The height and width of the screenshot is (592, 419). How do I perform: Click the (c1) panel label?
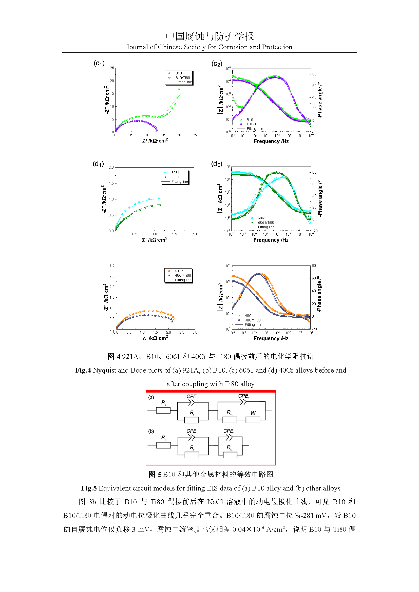tap(99, 63)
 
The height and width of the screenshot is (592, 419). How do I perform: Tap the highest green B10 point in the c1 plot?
tap(179, 89)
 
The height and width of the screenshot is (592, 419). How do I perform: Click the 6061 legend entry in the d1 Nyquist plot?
tap(175, 173)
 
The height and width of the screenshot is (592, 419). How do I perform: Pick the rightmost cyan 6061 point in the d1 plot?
tap(159, 198)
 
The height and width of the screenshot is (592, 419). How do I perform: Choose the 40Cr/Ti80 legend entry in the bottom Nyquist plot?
tap(183, 275)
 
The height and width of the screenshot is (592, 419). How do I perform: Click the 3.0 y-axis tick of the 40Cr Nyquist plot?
tap(112, 266)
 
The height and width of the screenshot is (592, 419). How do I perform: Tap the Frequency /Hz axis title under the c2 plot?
tap(271, 141)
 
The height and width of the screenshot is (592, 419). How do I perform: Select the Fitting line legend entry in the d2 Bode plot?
tap(266, 227)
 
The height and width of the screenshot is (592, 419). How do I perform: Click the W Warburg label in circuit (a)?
tap(253, 413)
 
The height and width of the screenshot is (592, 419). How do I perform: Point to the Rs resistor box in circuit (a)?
tap(163, 410)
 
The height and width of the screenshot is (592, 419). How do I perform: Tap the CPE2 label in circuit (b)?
tap(229, 431)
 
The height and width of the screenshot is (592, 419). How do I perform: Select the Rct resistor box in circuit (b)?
tap(230, 455)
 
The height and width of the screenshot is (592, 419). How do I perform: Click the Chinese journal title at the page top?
tap(210, 36)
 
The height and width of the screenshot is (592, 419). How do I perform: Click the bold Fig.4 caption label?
tap(83, 370)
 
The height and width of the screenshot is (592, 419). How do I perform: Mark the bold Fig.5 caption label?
tap(89, 488)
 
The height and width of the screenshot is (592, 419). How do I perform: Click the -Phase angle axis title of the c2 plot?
tap(320, 100)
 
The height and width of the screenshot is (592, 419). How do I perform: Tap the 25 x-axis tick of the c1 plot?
tap(195, 135)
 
